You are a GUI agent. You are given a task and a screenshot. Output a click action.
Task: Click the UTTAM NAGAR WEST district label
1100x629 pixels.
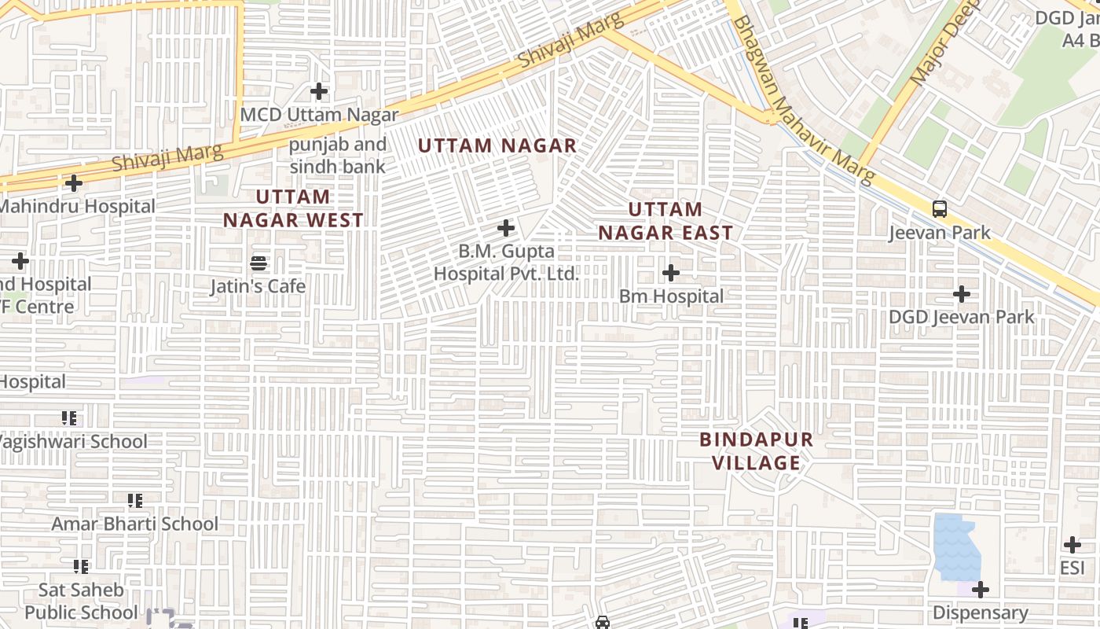click(x=293, y=208)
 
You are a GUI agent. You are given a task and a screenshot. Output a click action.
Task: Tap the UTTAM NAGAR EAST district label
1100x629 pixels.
click(x=665, y=221)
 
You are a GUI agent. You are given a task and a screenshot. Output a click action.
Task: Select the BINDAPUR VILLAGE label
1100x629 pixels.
click(x=757, y=451)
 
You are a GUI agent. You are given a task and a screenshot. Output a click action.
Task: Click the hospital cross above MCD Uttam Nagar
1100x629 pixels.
click(x=319, y=92)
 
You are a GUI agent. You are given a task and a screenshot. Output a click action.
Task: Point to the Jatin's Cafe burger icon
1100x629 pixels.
click(x=258, y=263)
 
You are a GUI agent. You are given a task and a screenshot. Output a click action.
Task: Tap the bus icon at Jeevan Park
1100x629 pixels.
click(x=939, y=209)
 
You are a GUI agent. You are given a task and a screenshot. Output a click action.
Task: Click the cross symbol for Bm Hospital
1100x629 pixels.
click(x=671, y=273)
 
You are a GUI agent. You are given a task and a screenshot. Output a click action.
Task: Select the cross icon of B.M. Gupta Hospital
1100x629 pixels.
click(x=507, y=229)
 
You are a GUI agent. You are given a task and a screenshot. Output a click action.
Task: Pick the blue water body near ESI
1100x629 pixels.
click(x=957, y=546)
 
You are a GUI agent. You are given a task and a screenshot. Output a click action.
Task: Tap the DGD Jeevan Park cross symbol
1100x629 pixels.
click(x=961, y=294)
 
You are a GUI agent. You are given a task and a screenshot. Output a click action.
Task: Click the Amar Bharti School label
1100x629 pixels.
click(x=135, y=524)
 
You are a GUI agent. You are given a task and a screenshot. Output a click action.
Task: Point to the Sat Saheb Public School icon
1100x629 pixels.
click(x=81, y=566)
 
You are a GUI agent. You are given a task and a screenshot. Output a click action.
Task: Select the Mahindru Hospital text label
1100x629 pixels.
click(x=77, y=207)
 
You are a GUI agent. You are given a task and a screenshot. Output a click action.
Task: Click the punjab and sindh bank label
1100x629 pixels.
click(x=338, y=156)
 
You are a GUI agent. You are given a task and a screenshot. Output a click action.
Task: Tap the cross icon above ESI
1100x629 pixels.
click(x=1072, y=545)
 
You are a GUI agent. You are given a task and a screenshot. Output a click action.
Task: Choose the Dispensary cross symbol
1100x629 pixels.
click(x=980, y=590)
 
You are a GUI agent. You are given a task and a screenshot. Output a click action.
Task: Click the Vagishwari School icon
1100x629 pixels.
click(x=69, y=418)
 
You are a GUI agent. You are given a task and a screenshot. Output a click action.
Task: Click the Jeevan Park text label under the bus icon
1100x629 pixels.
click(x=939, y=234)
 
